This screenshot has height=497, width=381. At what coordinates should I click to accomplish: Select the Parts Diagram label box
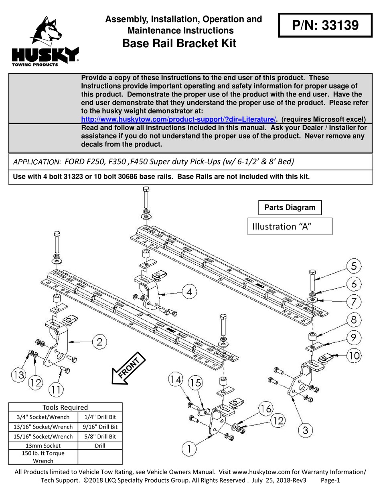point(290,207)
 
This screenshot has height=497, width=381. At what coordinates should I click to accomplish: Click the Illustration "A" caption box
point(290,226)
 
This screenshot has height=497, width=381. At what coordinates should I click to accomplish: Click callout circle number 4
point(189,292)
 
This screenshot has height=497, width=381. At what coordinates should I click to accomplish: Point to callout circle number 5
point(353,266)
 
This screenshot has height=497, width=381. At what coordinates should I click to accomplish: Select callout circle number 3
point(306,431)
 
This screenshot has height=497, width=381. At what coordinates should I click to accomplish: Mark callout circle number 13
point(18,375)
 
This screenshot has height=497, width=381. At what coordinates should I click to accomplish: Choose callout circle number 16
point(266,409)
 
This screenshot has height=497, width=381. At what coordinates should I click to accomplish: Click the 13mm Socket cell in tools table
point(43,445)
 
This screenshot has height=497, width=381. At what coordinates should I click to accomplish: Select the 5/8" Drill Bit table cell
point(100,436)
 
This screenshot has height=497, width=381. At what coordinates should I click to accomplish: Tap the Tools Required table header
point(65,407)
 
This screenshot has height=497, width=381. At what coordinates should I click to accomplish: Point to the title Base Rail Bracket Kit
point(179,43)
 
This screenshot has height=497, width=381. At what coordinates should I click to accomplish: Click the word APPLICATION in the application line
point(37,162)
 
